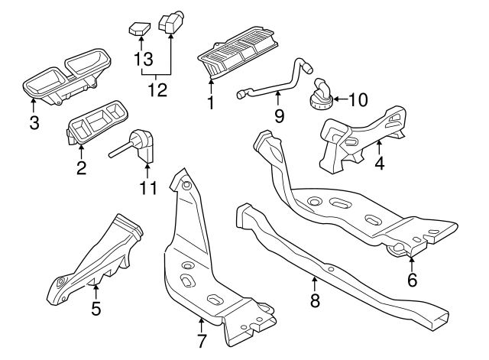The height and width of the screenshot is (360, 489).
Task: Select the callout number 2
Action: pos(81,166)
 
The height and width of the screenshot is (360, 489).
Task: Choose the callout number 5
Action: pos(96,310)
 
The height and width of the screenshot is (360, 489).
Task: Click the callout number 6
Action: pos(412,281)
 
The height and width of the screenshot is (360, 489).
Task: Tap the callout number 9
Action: pos(279,115)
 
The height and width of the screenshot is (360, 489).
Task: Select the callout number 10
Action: pos(358,99)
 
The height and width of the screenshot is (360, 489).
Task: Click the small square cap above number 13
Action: pos(138,30)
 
